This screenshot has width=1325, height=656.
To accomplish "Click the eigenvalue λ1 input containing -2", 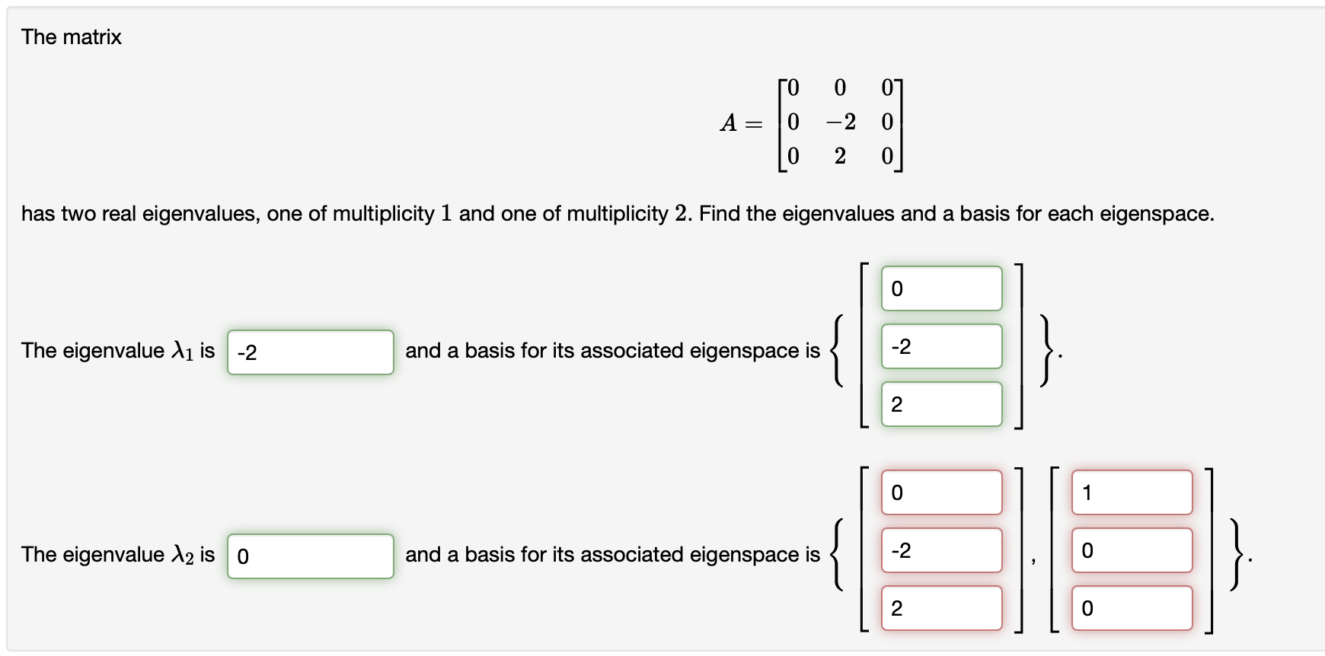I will click(x=310, y=352).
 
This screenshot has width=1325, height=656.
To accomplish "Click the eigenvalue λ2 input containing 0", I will click(x=310, y=556).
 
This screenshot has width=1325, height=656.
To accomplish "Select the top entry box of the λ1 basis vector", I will click(x=941, y=288).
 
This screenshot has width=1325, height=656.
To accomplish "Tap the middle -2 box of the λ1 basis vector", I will click(x=941, y=346).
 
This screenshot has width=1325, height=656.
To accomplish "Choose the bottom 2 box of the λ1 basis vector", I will click(x=941, y=404).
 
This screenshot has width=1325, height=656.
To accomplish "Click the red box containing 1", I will click(x=1132, y=492).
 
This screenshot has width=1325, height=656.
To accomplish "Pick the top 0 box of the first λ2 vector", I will click(x=941, y=492).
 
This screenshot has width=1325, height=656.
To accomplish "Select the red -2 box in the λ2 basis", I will click(x=941, y=550).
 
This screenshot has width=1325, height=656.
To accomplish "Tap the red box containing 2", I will click(x=941, y=608).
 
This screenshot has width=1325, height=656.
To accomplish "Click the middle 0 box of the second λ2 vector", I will click(x=1132, y=550).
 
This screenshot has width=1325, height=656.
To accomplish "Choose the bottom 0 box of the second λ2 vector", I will click(x=1132, y=608).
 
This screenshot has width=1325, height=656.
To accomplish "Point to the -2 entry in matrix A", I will click(x=841, y=122).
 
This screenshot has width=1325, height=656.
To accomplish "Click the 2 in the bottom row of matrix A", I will click(x=840, y=156).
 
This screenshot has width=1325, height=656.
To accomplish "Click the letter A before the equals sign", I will click(x=728, y=123).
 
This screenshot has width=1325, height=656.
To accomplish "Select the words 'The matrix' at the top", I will click(x=72, y=37).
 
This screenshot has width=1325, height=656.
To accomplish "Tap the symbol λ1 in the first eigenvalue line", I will click(x=183, y=351).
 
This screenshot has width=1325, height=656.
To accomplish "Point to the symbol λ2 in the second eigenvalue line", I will click(x=183, y=555).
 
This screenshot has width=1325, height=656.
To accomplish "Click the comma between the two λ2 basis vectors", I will click(x=1033, y=560).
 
